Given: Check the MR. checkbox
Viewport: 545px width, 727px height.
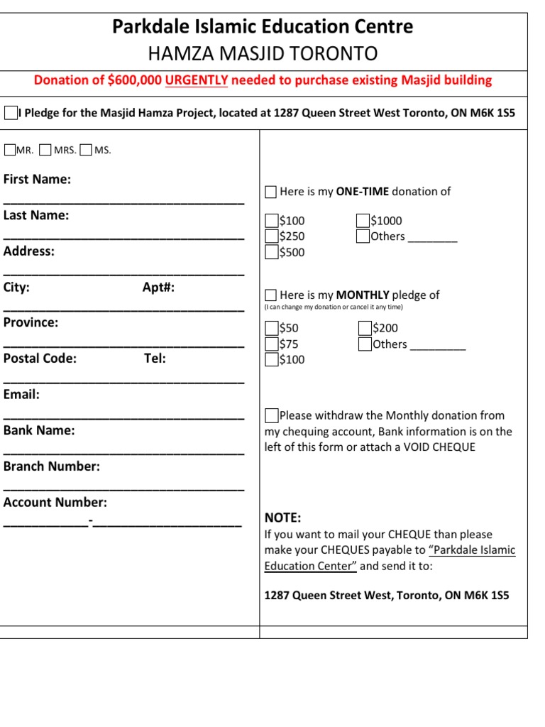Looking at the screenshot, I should (10, 150).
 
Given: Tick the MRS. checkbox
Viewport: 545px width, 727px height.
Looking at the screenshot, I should (46, 150).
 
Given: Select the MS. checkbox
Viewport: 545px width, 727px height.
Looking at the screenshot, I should (87, 150).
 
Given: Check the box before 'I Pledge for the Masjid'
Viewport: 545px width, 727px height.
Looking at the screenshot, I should (11, 113).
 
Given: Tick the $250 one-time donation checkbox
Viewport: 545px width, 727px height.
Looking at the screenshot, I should (272, 236).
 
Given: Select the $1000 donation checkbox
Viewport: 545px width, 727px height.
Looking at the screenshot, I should (363, 221).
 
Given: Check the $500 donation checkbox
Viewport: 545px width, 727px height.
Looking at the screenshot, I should (272, 252).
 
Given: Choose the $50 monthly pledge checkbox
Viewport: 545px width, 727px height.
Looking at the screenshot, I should (272, 328).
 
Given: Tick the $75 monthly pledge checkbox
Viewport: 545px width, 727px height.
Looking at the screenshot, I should (272, 344).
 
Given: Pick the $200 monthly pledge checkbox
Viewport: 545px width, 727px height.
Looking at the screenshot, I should (365, 328).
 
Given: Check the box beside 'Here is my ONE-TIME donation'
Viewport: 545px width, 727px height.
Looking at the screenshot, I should (271, 192).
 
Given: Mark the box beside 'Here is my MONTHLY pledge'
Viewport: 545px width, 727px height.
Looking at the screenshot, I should (271, 295).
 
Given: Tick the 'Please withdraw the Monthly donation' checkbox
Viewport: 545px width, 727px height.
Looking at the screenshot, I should (272, 415).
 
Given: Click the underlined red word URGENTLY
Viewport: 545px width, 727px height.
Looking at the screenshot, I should (197, 80).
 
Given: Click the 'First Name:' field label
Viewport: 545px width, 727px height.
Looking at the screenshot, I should (37, 180).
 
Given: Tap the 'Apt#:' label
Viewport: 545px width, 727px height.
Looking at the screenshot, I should (158, 288).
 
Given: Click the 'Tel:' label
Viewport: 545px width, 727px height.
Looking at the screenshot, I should (155, 359).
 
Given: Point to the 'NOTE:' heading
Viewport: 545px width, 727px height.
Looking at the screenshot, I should (282, 518).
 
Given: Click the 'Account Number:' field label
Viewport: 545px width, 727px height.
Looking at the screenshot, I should (55, 503).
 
